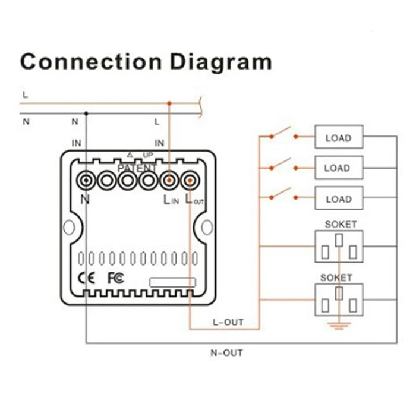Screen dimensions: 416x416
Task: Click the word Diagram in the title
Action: (x=219, y=62)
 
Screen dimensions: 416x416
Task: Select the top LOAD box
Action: (x=338, y=138)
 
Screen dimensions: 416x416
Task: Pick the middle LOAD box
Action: (x=338, y=168)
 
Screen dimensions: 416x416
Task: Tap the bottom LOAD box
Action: (x=338, y=198)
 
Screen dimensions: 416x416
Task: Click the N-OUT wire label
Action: (x=226, y=352)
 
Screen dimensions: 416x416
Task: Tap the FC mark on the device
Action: (x=115, y=278)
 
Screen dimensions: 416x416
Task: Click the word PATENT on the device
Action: (x=137, y=168)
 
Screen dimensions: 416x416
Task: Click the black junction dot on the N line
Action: (x=87, y=113)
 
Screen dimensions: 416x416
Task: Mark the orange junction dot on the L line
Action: (x=169, y=103)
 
